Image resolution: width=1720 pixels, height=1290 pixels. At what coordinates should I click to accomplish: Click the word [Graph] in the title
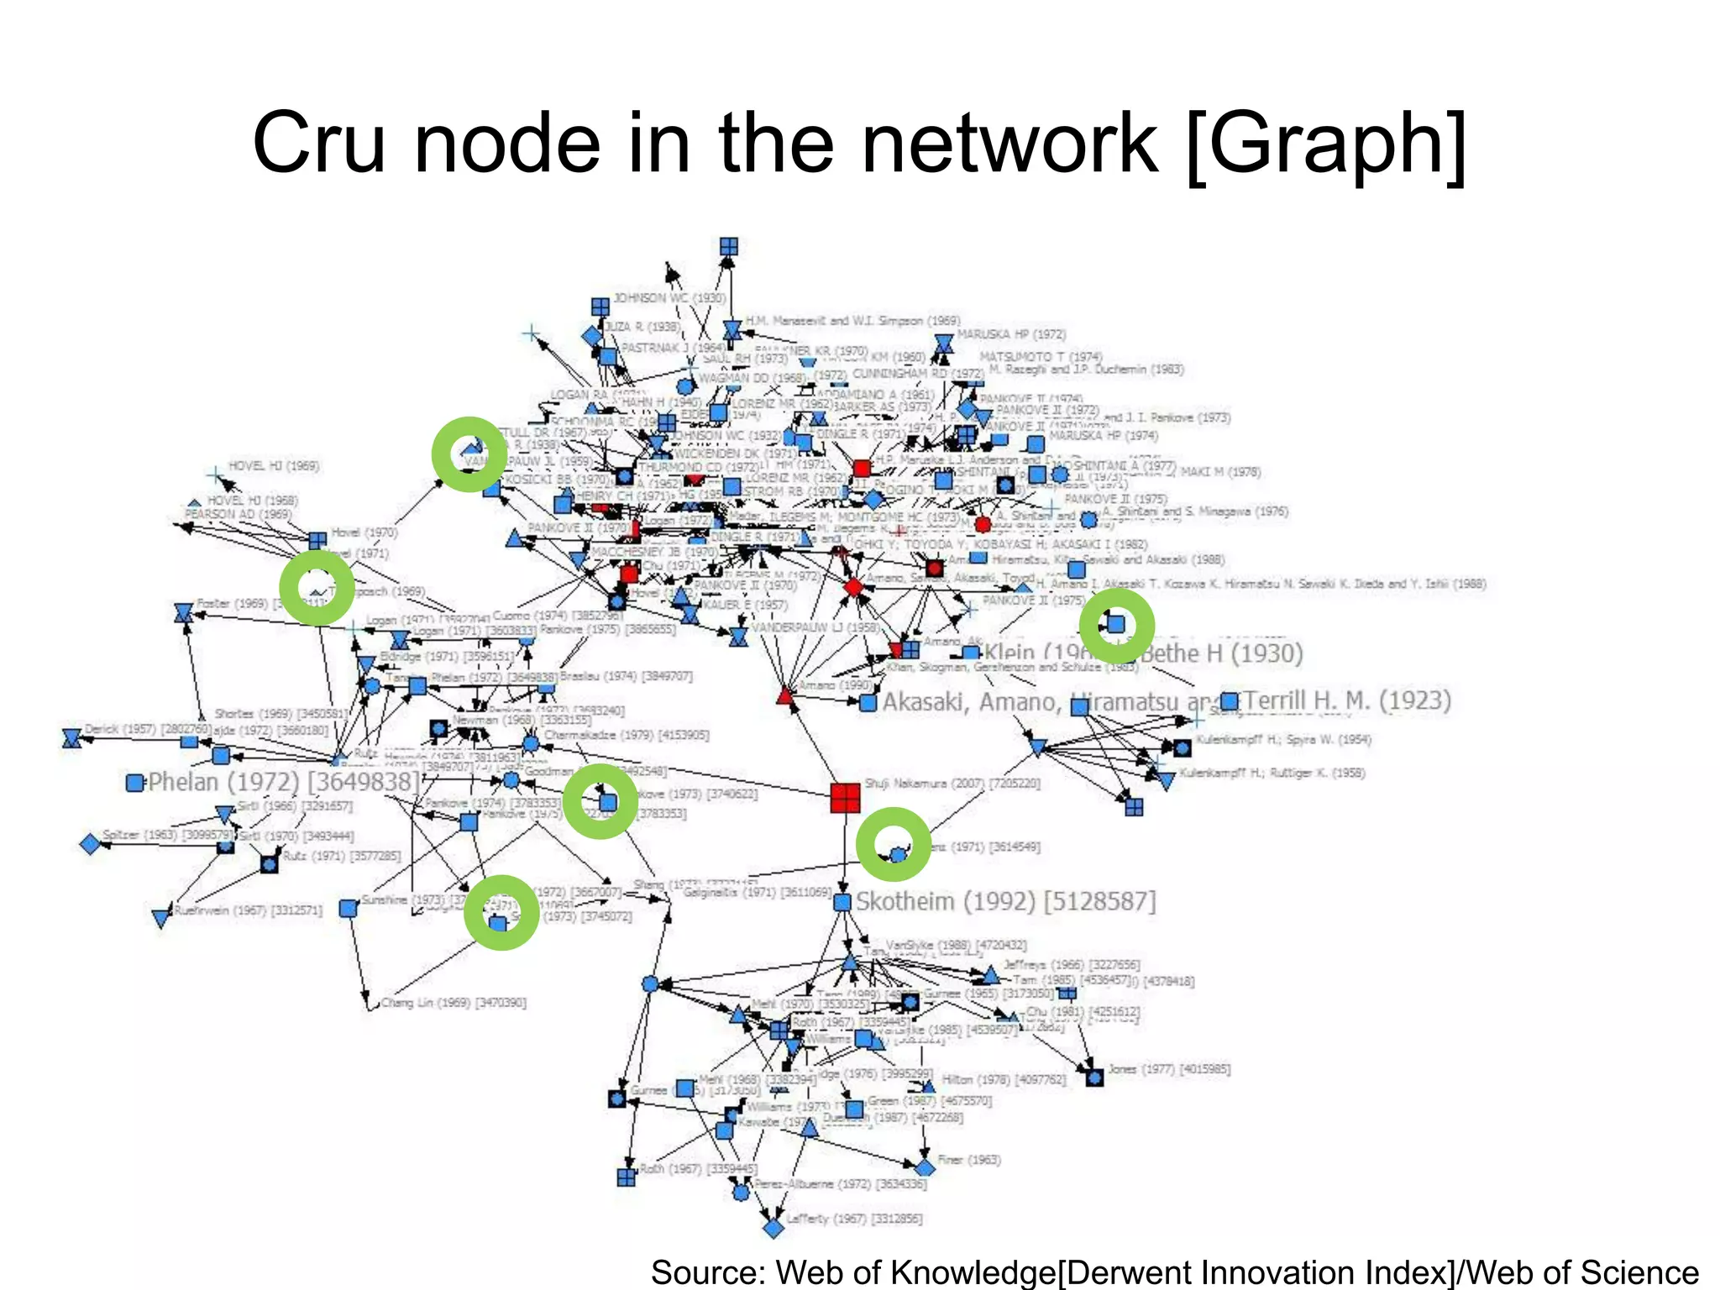[1326, 144]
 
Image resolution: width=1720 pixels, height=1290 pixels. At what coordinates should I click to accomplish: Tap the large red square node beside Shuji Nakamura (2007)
[845, 798]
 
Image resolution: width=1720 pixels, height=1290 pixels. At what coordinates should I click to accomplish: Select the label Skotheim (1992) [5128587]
[1005, 901]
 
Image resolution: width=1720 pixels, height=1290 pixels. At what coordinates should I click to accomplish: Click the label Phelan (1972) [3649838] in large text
[283, 782]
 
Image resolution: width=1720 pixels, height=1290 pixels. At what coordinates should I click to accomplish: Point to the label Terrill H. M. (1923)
[1347, 700]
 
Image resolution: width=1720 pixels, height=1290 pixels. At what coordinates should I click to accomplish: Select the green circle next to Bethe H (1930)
[1116, 625]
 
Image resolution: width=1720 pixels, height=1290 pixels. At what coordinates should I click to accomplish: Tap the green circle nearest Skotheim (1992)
[894, 845]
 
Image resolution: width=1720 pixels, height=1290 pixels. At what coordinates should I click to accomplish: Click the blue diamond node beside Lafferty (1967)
[773, 1228]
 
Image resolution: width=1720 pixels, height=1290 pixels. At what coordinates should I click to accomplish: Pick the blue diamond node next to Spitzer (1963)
[90, 843]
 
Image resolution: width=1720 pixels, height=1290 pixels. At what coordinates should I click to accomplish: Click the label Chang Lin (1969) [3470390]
[454, 1003]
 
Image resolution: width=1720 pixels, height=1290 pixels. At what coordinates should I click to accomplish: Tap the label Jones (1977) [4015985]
[1169, 1069]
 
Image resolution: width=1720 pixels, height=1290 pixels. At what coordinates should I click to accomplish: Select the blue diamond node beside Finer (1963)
[925, 1168]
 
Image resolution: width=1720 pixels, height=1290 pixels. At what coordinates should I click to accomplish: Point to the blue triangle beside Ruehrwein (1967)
[161, 918]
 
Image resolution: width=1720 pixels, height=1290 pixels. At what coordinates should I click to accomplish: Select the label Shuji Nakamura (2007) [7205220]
[952, 783]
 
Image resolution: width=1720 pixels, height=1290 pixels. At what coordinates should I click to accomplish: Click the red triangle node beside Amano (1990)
[785, 695]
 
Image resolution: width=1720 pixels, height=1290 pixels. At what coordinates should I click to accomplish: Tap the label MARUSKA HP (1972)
[1011, 334]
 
